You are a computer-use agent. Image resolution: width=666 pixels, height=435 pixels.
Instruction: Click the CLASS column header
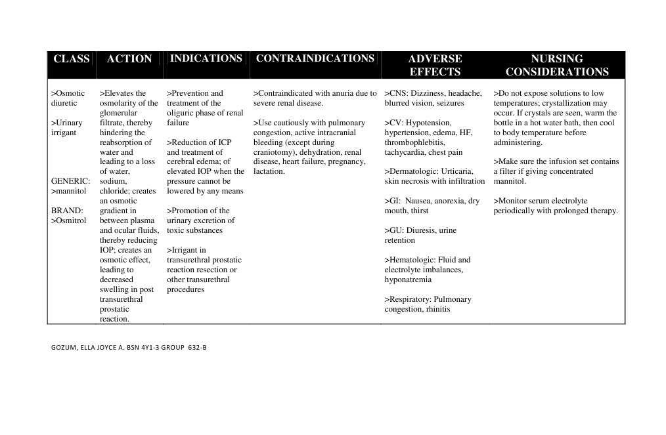pos(72,59)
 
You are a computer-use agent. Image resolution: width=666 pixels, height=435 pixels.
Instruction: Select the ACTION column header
pos(129,59)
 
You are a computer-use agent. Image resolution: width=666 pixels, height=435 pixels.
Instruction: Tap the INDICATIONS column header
pos(206,58)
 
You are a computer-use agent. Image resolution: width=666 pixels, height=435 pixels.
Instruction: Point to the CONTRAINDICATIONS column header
pos(315,58)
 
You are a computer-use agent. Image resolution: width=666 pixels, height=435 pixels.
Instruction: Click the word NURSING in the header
pos(557,59)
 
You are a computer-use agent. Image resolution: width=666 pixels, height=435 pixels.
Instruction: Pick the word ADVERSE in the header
pos(435,59)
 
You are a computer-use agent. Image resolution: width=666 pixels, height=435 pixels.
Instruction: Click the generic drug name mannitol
pos(70,192)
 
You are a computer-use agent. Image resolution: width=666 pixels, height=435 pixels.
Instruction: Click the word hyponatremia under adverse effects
pos(408,280)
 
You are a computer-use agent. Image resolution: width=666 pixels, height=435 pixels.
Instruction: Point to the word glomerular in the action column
pos(118,113)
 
